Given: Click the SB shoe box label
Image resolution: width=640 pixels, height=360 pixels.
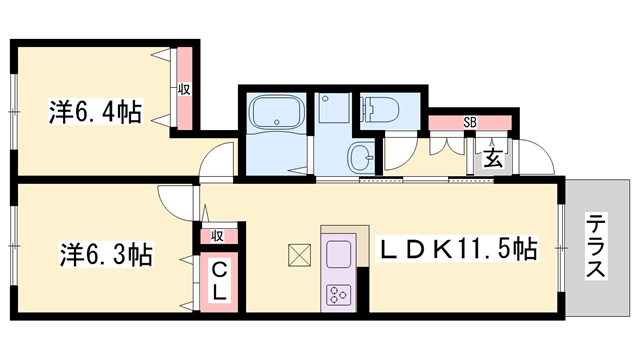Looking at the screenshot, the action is tap(469, 123).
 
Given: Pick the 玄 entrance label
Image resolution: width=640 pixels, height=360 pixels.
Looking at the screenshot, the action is tap(493, 157).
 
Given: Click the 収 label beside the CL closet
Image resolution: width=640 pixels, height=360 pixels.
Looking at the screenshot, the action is tap(217, 236).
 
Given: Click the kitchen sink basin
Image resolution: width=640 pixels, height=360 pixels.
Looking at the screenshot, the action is tap(337, 252).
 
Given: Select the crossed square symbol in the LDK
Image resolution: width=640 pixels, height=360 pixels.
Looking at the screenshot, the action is tap(299, 256).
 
